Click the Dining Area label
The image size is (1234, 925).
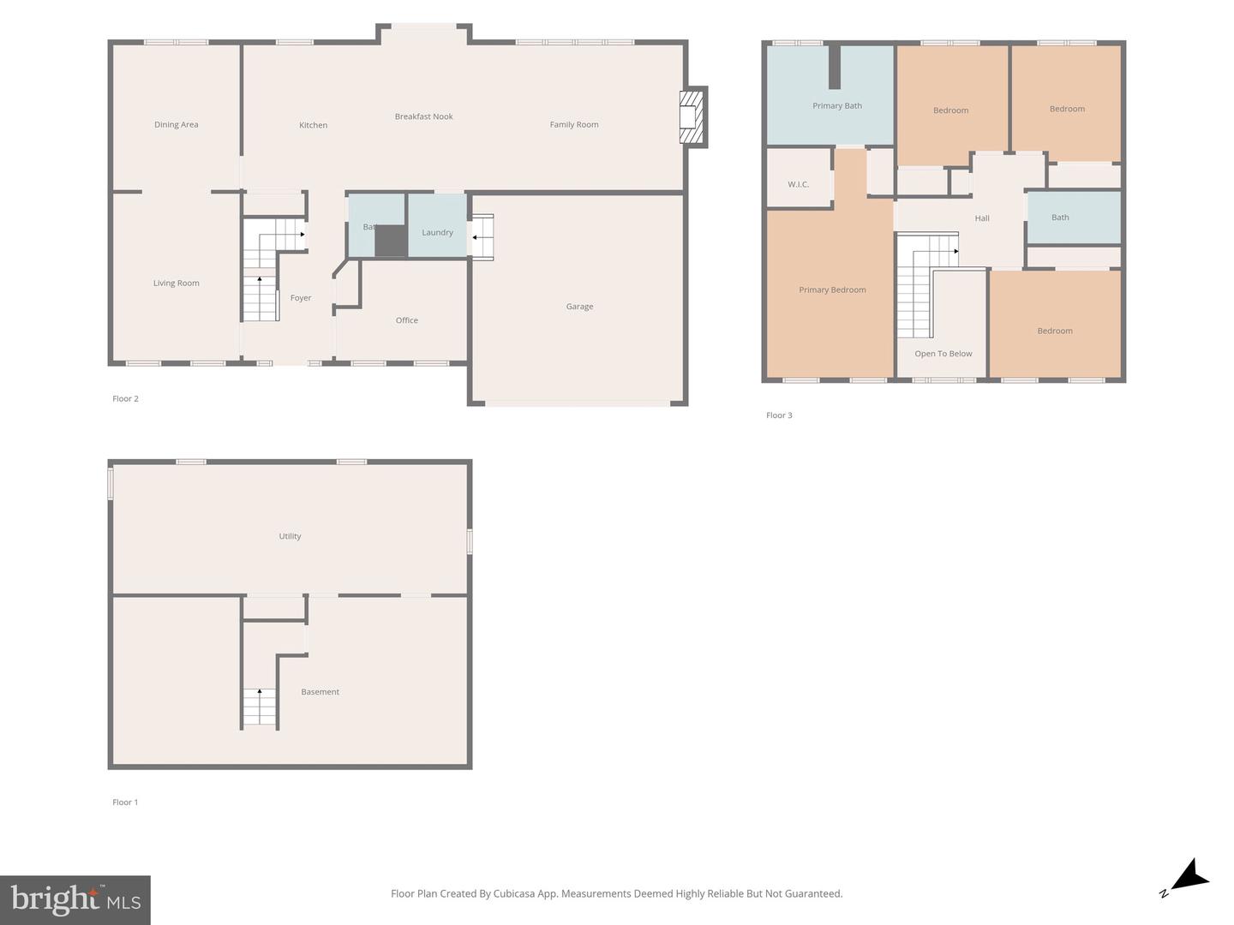[x=176, y=125]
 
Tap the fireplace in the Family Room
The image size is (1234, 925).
[x=692, y=116]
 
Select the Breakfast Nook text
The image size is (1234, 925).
[x=423, y=116]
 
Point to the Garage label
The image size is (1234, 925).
[x=579, y=307]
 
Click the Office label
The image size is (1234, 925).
[x=406, y=320]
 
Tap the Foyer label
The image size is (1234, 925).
[x=301, y=298]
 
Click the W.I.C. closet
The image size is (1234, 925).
[x=799, y=177]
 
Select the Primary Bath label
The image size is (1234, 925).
[x=837, y=105]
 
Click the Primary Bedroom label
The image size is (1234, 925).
[x=832, y=289]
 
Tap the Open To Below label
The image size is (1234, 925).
[x=943, y=354]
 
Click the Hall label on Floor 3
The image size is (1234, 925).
[x=981, y=218]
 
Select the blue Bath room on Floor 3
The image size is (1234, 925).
[x=1074, y=218]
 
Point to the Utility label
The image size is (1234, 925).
[x=291, y=536]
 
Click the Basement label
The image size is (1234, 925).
[x=320, y=692]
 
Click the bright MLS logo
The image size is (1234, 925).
[x=75, y=899]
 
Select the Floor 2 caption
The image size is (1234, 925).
[x=125, y=399]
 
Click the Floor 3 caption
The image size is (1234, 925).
[x=779, y=415]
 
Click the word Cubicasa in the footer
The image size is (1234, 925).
[x=515, y=893]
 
